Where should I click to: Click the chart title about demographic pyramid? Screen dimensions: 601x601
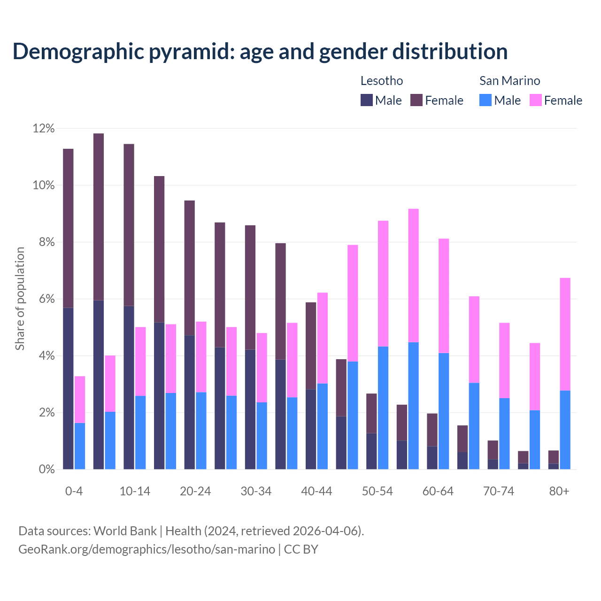point(260,51)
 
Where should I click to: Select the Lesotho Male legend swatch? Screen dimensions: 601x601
point(367,100)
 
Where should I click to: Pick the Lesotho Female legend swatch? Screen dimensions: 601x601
point(416,100)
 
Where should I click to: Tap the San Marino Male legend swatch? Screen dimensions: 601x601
point(485,100)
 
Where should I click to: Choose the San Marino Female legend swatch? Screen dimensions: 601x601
point(536,100)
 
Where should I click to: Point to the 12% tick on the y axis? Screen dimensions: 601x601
point(44,128)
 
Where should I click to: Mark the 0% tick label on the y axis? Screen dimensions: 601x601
point(46,470)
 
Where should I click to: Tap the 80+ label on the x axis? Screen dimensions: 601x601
point(559,492)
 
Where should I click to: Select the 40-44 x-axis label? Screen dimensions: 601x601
point(316,492)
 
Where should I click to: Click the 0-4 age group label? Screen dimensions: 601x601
point(74,492)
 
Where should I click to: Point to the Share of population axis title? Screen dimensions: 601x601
point(20,299)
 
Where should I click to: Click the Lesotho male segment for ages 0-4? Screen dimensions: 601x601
point(68,388)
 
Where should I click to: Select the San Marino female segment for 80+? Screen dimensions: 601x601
point(565,334)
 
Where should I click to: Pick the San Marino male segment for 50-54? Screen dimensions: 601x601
point(383,408)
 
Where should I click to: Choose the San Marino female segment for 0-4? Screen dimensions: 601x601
point(80,399)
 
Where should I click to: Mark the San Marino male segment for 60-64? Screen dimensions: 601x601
point(444,411)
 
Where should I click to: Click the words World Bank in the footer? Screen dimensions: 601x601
point(125,531)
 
